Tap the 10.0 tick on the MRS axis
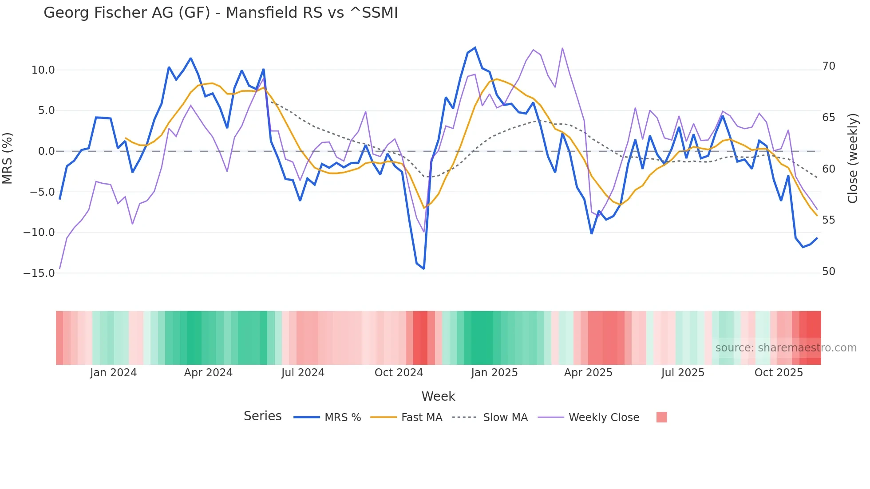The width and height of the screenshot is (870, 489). click(x=43, y=70)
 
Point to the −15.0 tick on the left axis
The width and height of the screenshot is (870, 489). click(x=39, y=273)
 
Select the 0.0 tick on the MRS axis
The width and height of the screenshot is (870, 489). click(x=46, y=151)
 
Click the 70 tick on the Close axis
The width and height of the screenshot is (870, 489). click(x=828, y=66)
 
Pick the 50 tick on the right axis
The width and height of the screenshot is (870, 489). click(x=828, y=272)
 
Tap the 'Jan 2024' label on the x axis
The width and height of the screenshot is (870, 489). click(x=113, y=373)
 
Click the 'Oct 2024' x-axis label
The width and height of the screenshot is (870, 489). click(x=399, y=373)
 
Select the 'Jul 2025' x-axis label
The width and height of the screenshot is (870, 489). click(x=683, y=373)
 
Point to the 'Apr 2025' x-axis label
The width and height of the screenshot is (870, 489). click(x=588, y=373)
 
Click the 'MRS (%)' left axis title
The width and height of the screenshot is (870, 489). click(x=8, y=158)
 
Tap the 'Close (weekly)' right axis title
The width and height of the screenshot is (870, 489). click(x=852, y=158)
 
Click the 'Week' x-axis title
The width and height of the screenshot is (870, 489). click(x=438, y=396)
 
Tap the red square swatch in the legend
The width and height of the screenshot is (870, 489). click(x=661, y=417)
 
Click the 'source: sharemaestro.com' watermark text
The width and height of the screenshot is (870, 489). click(x=786, y=348)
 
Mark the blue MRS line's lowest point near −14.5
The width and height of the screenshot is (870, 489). click(x=424, y=268)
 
